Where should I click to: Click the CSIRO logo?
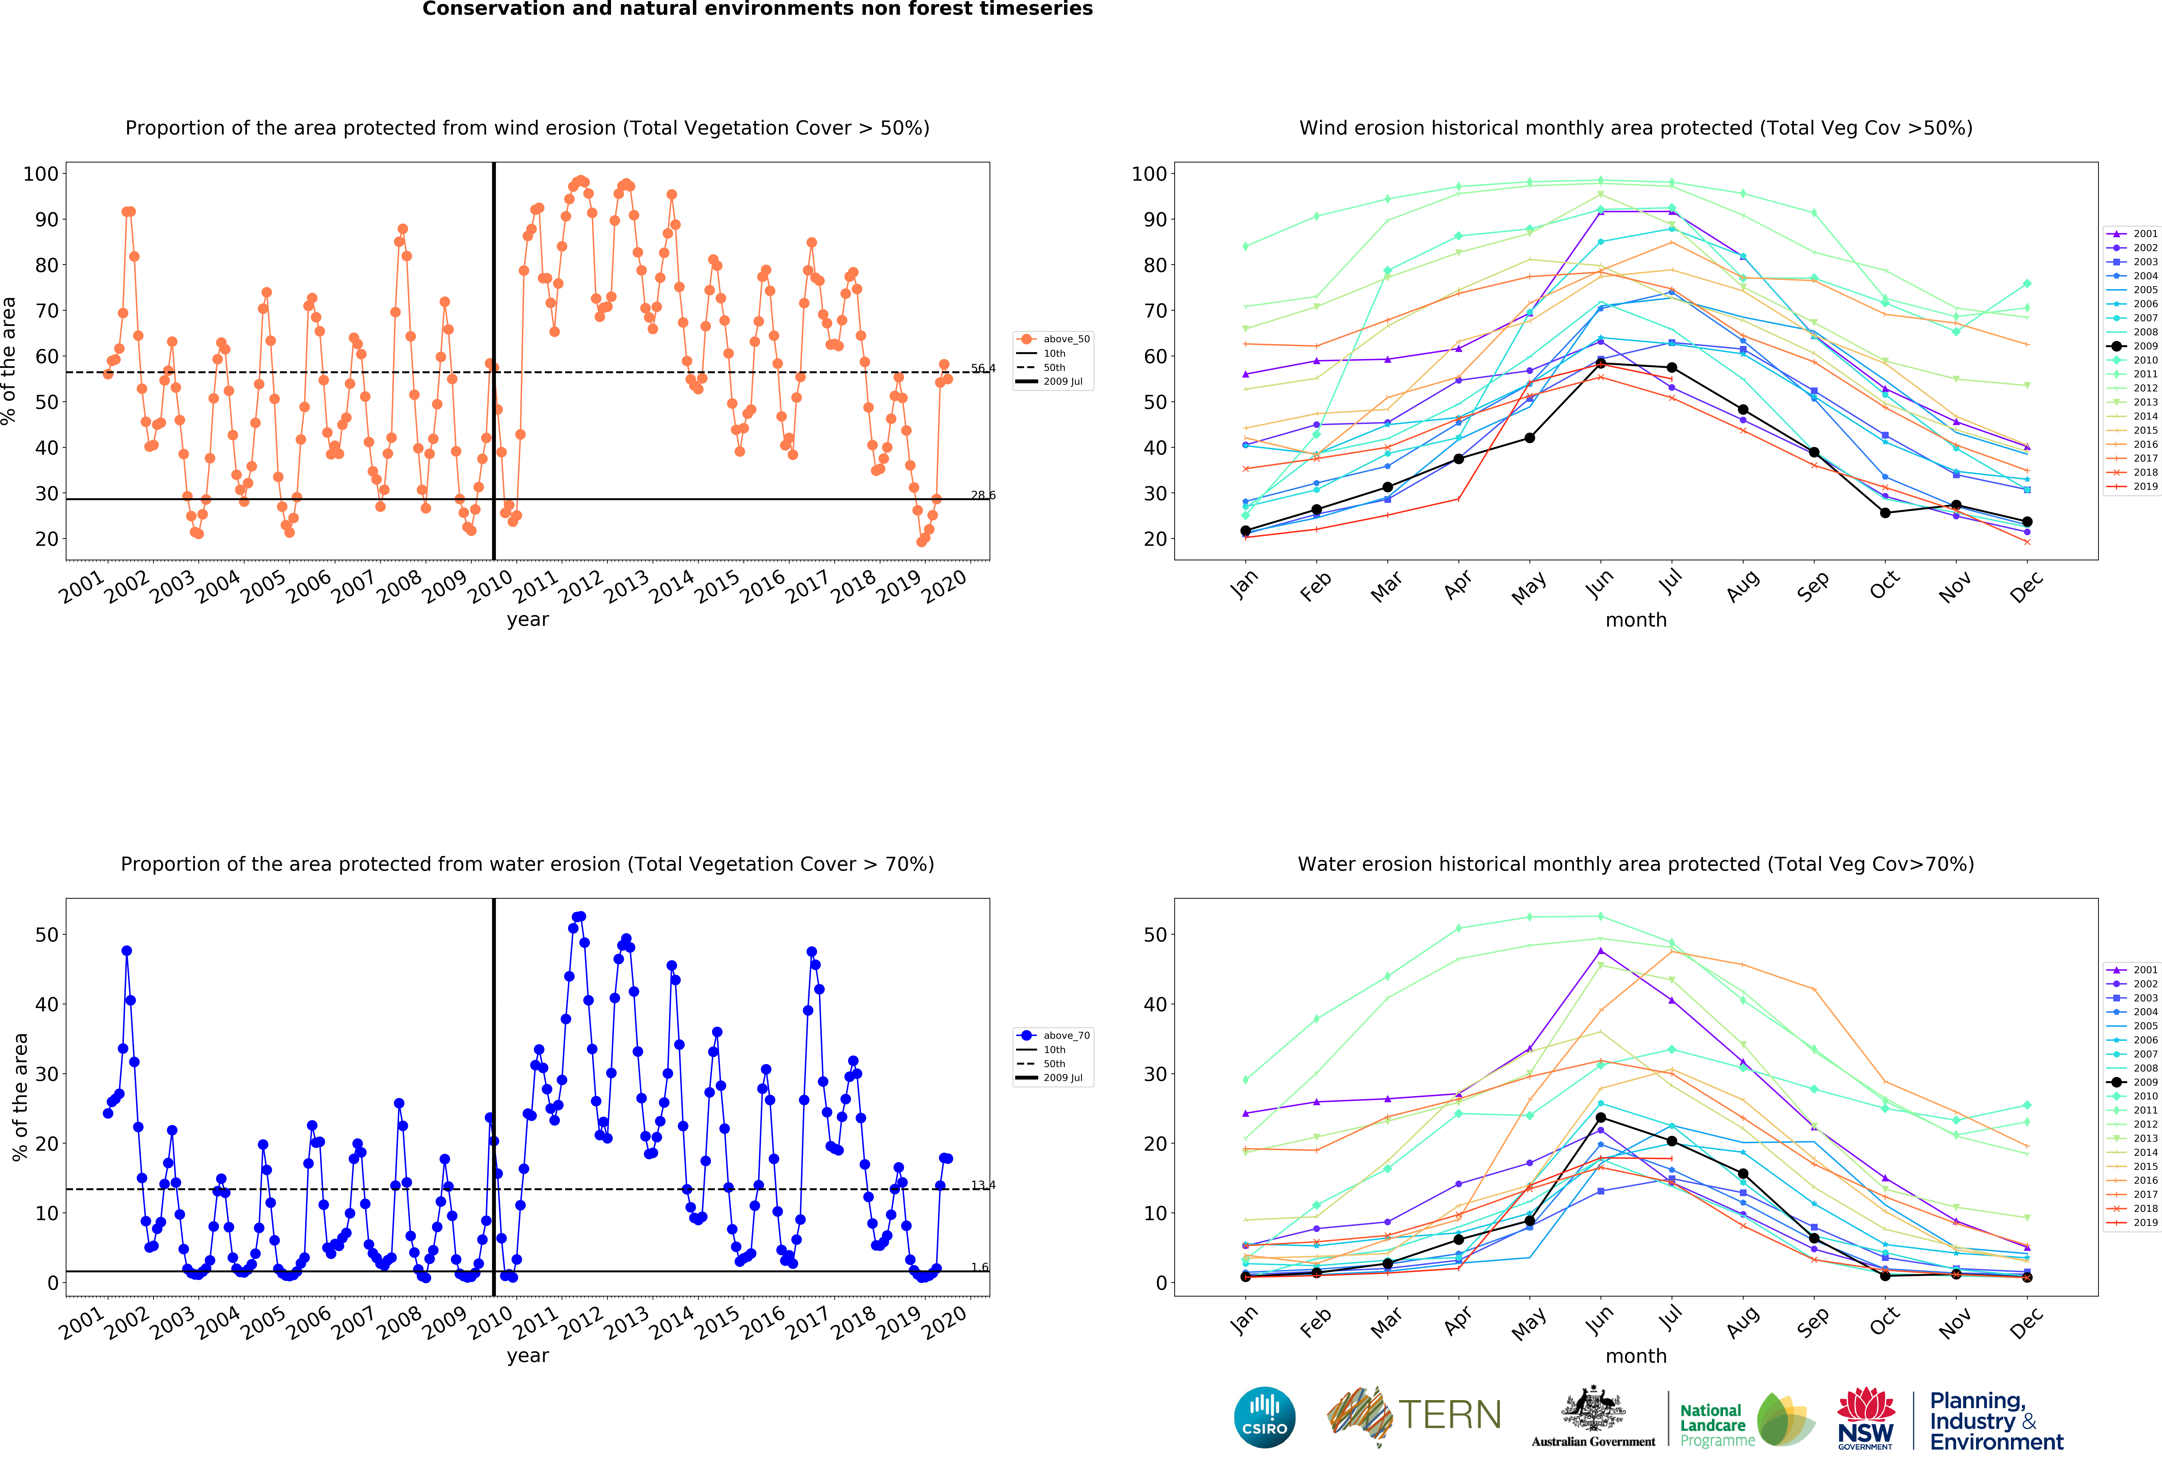(1264, 1417)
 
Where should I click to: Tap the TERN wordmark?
(1449, 1415)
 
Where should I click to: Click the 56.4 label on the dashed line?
(983, 369)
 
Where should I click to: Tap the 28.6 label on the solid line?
(983, 495)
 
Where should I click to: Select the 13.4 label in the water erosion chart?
(983, 1185)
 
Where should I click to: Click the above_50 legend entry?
(1053, 339)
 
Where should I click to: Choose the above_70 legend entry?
(1053, 1035)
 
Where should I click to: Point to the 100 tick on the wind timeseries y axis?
(41, 174)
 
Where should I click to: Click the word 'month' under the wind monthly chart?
(1635, 620)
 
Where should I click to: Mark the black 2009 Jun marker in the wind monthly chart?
(1600, 363)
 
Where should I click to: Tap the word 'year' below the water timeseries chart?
(528, 1356)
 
